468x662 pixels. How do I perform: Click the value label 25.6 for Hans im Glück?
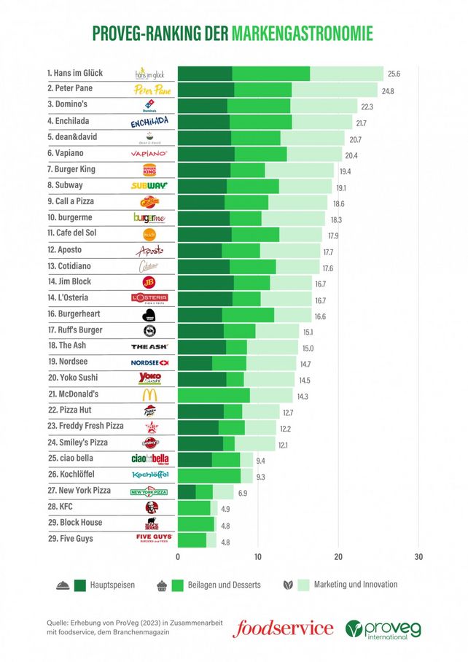(394, 74)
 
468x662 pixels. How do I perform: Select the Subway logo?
(149, 186)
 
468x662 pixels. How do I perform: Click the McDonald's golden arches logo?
(149, 394)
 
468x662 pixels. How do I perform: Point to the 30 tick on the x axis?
(418, 557)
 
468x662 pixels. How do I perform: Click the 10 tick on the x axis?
(258, 557)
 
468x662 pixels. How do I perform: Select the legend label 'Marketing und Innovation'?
(356, 584)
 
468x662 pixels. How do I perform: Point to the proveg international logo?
(383, 628)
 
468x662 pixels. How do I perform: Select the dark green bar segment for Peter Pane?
(206, 90)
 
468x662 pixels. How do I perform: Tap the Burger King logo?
(149, 170)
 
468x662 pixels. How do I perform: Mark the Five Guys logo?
(149, 540)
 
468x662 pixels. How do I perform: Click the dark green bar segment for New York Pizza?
(187, 492)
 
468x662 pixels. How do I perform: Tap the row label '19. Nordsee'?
(69, 362)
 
